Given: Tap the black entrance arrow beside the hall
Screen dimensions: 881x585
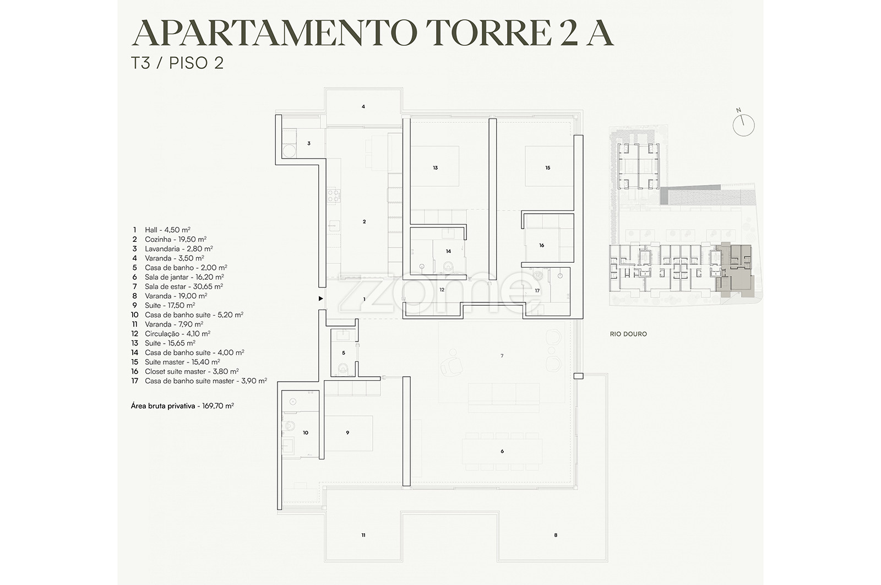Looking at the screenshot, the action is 321,299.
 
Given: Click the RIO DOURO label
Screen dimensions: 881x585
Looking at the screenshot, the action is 628,334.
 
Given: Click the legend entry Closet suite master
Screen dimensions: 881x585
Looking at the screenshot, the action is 185,371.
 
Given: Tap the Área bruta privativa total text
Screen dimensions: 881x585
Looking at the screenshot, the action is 182,405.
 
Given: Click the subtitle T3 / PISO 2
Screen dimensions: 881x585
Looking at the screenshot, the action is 177,63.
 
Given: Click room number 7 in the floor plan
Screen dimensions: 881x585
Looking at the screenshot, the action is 502,356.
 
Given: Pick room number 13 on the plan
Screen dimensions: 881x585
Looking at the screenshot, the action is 436,168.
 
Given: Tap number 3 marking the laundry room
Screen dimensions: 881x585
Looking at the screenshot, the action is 309,144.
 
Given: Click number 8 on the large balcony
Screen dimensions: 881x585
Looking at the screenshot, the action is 556,535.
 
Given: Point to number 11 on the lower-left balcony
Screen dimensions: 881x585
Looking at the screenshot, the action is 363,535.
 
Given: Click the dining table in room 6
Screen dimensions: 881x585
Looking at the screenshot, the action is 502,451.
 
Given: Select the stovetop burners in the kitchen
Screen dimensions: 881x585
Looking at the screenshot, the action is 334,196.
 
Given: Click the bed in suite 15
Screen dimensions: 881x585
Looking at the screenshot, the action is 549,166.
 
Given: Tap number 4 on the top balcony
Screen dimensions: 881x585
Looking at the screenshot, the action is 363,107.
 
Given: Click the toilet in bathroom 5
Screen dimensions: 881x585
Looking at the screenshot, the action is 343,368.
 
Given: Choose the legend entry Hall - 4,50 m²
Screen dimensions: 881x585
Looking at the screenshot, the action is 162,230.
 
